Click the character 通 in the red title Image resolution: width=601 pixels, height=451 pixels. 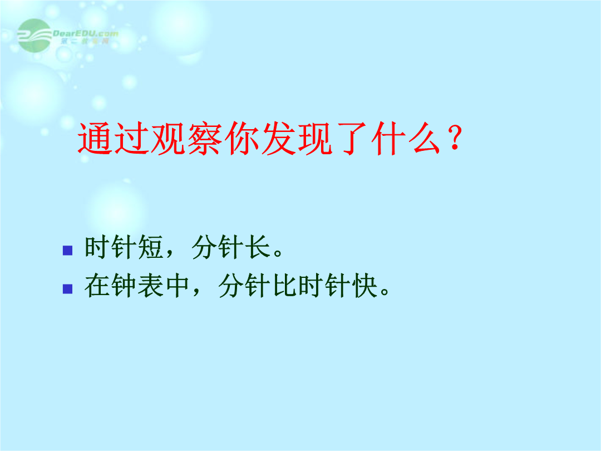(x=94, y=139)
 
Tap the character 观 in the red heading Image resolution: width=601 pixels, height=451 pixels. (x=168, y=139)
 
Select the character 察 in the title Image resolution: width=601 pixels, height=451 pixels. (x=205, y=139)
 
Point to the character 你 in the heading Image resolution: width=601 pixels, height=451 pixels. (x=242, y=139)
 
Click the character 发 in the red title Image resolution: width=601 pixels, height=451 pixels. (x=278, y=139)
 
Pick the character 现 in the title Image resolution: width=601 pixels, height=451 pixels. (x=315, y=139)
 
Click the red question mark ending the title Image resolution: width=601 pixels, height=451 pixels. (x=455, y=138)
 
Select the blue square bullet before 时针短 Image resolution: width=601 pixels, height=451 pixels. (x=67, y=251)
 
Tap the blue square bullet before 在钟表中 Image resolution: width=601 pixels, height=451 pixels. (x=67, y=289)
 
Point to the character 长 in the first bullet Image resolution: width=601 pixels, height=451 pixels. (x=258, y=247)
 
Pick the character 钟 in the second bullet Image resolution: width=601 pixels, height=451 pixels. (x=124, y=285)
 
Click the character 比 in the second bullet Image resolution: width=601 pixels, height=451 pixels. (x=285, y=285)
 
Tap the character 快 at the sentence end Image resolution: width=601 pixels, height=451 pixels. (x=365, y=285)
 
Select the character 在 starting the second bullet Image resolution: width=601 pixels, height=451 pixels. (x=97, y=285)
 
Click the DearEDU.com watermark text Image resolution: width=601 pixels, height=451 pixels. (x=85, y=33)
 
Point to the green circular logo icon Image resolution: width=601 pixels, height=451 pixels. (x=35, y=35)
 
